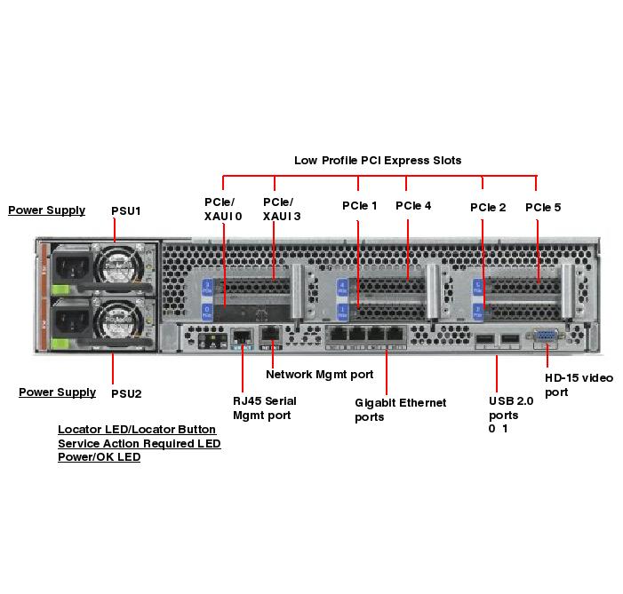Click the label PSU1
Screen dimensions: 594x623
126,211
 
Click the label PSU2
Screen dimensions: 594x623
126,393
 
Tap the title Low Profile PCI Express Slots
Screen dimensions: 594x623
378,161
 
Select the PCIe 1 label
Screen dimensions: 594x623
360,206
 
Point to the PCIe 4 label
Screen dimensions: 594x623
413,206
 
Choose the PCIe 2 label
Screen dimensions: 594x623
488,208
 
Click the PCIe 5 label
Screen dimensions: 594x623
543,208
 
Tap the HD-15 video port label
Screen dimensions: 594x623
579,384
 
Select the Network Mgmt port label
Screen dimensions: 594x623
320,375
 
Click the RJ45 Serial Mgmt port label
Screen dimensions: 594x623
265,408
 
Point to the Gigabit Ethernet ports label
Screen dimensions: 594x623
400,409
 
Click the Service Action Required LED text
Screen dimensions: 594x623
140,443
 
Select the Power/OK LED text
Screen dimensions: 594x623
100,457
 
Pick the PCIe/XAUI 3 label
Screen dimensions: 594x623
278,209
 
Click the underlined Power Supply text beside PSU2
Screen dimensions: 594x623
58,392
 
